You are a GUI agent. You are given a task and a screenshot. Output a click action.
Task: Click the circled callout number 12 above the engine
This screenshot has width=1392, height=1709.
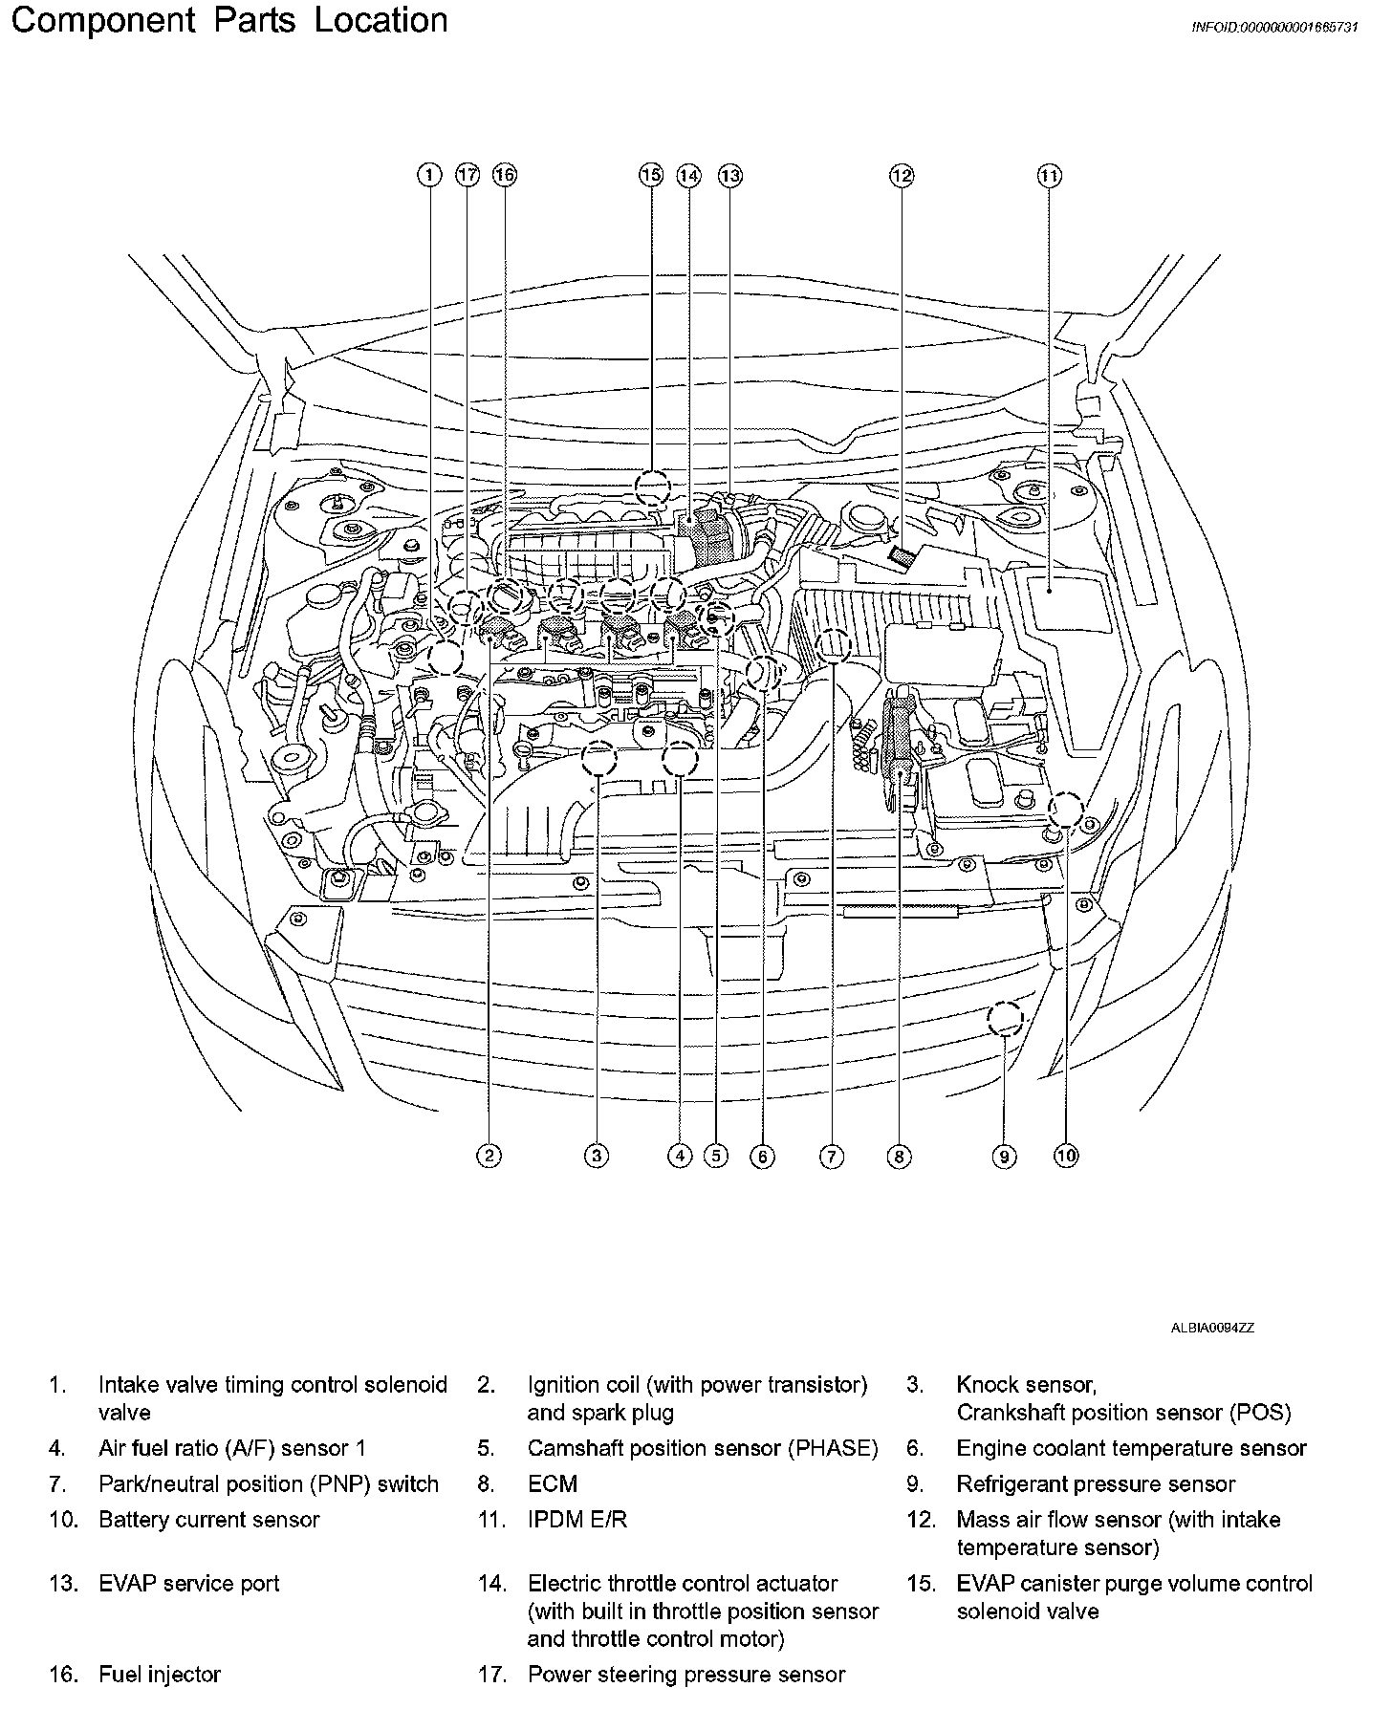point(902,175)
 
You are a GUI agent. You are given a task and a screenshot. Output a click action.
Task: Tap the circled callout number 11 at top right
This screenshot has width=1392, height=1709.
point(1049,175)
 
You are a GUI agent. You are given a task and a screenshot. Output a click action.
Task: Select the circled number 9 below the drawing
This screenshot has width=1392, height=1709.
point(1003,1157)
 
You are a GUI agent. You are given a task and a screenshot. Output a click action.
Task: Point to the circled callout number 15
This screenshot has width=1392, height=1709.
point(651,175)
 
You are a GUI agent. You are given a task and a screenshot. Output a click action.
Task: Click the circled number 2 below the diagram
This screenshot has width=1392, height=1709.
point(489,1157)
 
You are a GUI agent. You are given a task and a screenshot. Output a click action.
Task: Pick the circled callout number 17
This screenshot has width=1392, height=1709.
point(467,175)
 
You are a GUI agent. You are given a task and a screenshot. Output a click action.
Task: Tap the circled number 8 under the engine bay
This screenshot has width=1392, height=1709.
point(899,1157)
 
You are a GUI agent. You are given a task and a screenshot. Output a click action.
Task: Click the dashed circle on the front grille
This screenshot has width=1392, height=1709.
point(1005,1018)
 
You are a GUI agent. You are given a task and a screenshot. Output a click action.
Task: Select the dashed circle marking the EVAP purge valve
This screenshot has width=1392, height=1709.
point(653,487)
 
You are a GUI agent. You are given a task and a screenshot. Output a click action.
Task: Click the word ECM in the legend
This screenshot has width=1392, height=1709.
point(553,1483)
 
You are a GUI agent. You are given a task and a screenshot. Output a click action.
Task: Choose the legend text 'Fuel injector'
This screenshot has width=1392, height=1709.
point(160,1674)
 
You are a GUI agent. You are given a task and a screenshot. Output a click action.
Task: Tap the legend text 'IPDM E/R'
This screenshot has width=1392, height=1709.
point(577,1519)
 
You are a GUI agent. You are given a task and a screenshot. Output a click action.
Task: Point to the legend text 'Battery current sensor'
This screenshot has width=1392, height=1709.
point(208,1519)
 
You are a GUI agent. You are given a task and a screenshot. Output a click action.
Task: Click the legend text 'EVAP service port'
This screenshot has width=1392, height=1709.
point(188,1583)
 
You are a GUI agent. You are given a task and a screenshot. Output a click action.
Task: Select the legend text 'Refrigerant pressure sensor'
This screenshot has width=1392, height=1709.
point(1096,1483)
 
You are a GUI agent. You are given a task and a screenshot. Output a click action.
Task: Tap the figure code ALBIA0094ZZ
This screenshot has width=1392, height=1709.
point(1212,1328)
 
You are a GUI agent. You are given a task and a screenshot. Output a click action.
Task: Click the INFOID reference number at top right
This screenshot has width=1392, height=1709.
point(1273,28)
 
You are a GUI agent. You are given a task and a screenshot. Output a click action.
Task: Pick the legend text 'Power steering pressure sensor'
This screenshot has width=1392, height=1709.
point(685,1674)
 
